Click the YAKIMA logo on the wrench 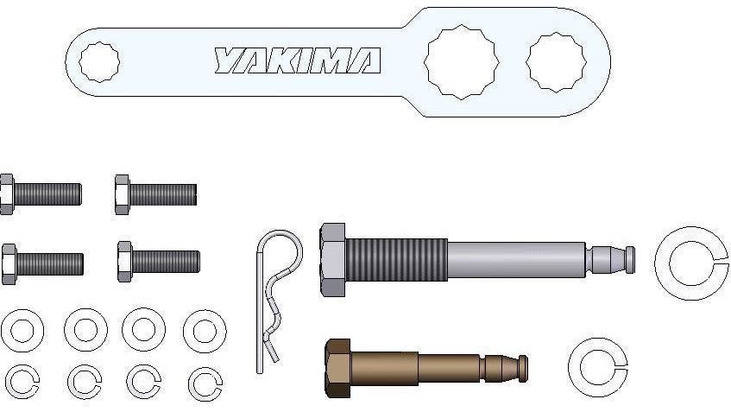pos(298,60)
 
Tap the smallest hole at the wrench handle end pos(99,61)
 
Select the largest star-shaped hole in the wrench pos(461,62)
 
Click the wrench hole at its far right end pos(556,62)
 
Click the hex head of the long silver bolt pos(332,259)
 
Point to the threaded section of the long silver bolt pos(396,259)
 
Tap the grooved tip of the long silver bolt pos(610,259)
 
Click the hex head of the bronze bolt pos(338,369)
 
